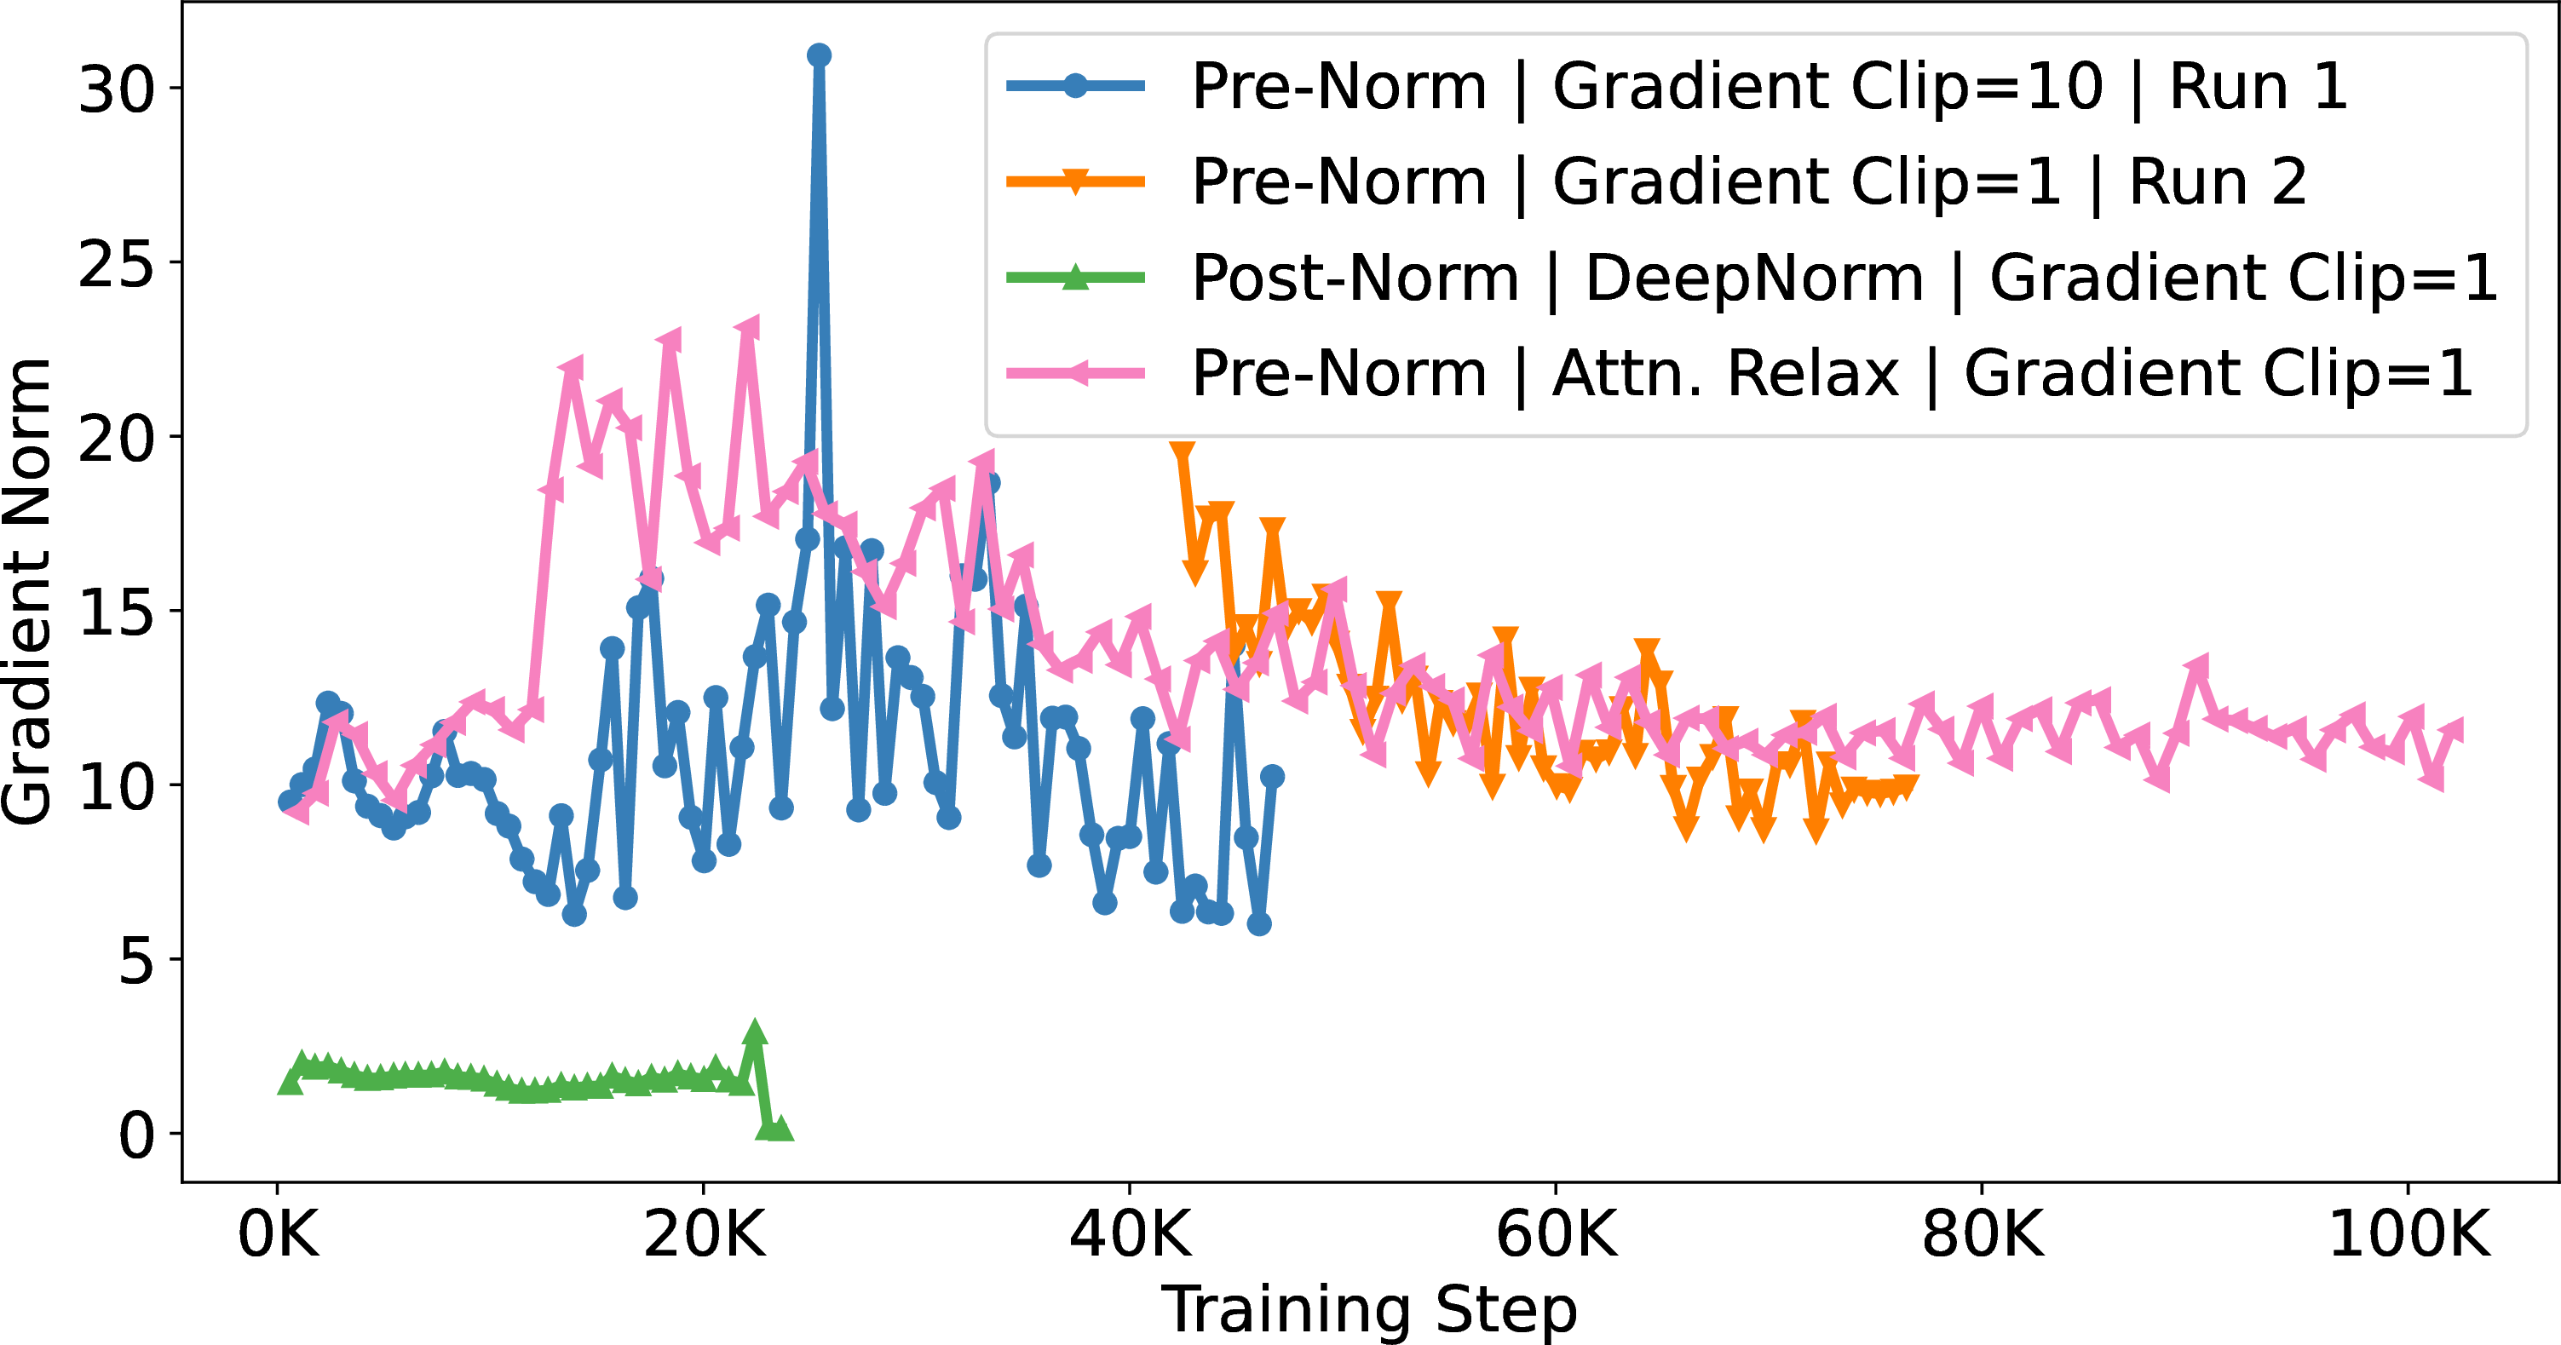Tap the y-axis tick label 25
117,264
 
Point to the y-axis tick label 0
136,1135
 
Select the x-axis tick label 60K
1557,1236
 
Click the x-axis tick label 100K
2408,1236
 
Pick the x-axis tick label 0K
279,1236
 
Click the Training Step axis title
1369,1310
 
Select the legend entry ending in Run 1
1770,87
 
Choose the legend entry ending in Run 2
1749,182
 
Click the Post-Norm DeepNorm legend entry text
1844,278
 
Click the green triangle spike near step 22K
755,1031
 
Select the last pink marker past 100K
2452,732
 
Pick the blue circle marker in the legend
1074,85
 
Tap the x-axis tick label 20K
705,1236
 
